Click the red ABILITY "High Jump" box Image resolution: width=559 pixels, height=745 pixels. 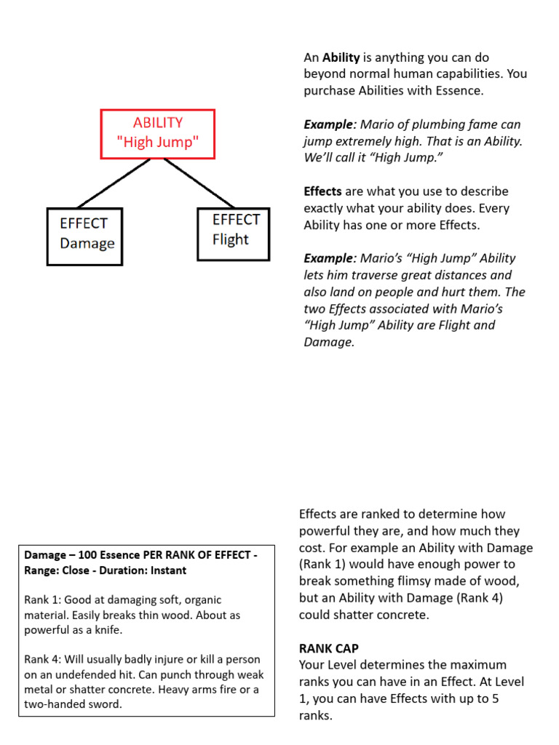pyautogui.click(x=157, y=133)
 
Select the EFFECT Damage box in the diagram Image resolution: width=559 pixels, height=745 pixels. pyautogui.click(x=84, y=237)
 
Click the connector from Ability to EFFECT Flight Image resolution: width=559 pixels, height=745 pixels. pyautogui.click(x=198, y=182)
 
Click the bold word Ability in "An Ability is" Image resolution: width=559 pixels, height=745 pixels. pyautogui.click(x=341, y=57)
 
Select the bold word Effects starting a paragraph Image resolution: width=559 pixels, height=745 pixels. pyautogui.click(x=322, y=191)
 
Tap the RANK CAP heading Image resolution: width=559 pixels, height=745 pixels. pyautogui.click(x=329, y=648)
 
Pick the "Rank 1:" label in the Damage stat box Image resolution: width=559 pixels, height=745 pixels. pyautogui.click(x=41, y=600)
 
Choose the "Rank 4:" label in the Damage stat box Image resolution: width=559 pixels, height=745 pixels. pyautogui.click(x=41, y=660)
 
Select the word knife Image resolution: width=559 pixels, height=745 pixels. pyautogui.click(x=108, y=630)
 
